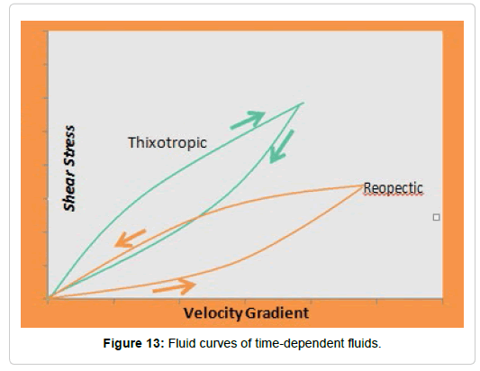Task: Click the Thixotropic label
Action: click(168, 143)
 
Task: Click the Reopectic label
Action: click(393, 188)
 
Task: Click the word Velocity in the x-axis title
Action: click(213, 313)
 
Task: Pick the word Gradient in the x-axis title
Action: click(277, 313)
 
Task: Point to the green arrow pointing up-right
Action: click(248, 120)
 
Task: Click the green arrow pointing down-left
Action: click(281, 147)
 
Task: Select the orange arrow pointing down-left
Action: click(130, 239)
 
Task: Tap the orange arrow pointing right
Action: click(174, 287)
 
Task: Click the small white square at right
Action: click(436, 217)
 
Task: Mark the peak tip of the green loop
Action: click(303, 104)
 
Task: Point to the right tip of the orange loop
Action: click(363, 185)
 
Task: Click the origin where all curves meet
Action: click(49, 297)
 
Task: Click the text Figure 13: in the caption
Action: click(134, 343)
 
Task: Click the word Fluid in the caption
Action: click(182, 343)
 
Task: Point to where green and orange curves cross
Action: click(198, 217)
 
